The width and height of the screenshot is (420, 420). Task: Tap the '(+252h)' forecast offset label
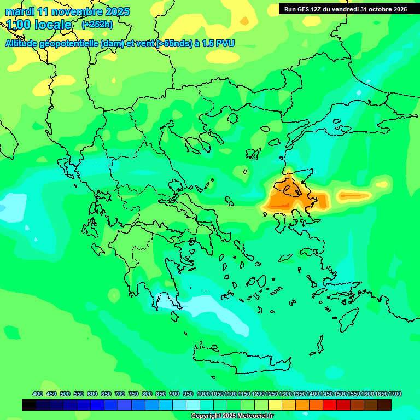click(97, 25)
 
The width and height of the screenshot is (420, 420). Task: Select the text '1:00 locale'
click(39, 25)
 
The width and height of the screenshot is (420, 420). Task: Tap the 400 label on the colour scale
click(38, 394)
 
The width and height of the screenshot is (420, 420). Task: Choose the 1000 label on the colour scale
click(203, 394)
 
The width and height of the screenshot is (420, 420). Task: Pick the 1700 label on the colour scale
click(395, 394)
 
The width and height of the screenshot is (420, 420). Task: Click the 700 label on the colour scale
click(119, 394)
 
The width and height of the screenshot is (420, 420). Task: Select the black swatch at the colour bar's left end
click(29, 405)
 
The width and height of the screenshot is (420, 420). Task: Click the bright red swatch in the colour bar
click(330, 405)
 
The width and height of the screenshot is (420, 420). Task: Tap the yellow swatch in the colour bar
click(275, 405)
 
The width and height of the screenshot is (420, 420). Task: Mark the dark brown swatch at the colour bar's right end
click(384, 405)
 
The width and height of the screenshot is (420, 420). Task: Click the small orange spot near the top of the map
click(244, 21)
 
